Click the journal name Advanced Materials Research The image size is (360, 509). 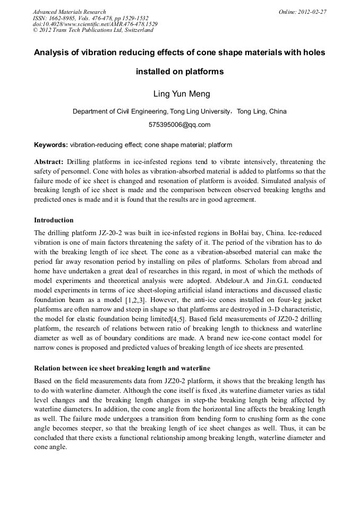click(69, 12)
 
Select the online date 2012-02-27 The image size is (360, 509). click(311, 12)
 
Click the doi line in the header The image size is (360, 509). click(95, 24)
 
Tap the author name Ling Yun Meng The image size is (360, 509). click(182, 94)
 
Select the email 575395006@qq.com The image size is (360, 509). click(179, 125)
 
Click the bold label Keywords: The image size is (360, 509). click(51, 144)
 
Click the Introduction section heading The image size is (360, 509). click(54, 220)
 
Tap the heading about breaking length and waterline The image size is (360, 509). click(122, 368)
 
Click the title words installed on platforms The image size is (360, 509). click(180, 71)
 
